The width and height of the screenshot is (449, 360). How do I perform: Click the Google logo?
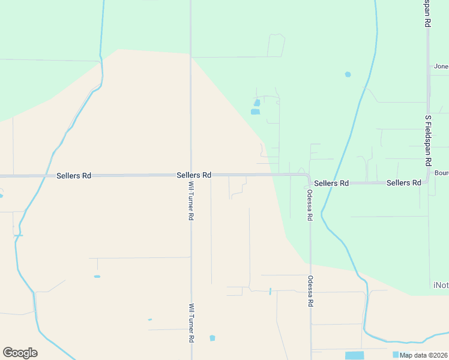coord(20,353)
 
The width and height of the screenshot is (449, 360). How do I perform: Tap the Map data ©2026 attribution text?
coord(424,355)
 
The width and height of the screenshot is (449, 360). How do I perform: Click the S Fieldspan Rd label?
coord(428,141)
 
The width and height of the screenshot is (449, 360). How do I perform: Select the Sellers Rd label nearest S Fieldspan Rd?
coord(403,182)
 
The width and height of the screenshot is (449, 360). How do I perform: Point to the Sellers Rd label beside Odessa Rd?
coord(331,183)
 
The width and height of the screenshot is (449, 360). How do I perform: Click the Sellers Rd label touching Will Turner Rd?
coord(194,175)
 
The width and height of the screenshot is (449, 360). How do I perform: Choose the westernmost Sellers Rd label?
coord(74,176)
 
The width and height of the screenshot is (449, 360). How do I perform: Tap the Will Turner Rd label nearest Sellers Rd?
coord(191,200)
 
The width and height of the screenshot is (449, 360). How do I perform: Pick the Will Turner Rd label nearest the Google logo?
coord(191,323)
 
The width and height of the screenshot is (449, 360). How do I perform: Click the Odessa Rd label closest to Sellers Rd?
coord(310,205)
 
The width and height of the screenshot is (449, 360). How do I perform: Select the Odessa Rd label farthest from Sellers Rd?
coord(310,292)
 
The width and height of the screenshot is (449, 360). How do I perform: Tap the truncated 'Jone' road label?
coord(441,67)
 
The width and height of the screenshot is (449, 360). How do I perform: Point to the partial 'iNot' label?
coord(440,284)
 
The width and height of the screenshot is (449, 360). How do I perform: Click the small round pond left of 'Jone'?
coord(348,74)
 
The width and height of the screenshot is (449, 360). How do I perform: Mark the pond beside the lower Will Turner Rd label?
coord(212,338)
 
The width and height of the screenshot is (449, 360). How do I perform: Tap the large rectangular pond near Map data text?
coord(355,355)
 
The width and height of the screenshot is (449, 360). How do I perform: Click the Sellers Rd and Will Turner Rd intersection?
coord(191,175)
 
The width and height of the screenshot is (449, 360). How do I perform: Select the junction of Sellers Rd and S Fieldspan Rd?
coord(428,182)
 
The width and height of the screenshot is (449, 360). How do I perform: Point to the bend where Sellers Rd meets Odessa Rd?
coord(309,178)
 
